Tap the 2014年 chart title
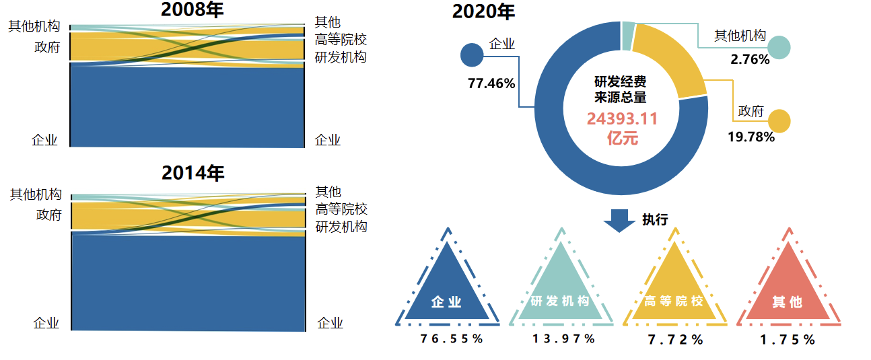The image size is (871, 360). (x=193, y=173)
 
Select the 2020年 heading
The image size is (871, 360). (x=483, y=11)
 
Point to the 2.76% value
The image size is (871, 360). (x=750, y=59)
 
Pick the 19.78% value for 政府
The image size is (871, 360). (x=751, y=137)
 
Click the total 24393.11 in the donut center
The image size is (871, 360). (x=621, y=119)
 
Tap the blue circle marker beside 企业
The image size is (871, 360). (x=472, y=55)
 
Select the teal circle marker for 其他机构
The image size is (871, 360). (x=779, y=47)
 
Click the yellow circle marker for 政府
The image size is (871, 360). (x=779, y=121)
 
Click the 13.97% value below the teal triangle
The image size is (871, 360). (x=563, y=339)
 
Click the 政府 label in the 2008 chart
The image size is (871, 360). (x=47, y=47)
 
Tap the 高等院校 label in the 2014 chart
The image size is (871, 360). (x=341, y=209)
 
